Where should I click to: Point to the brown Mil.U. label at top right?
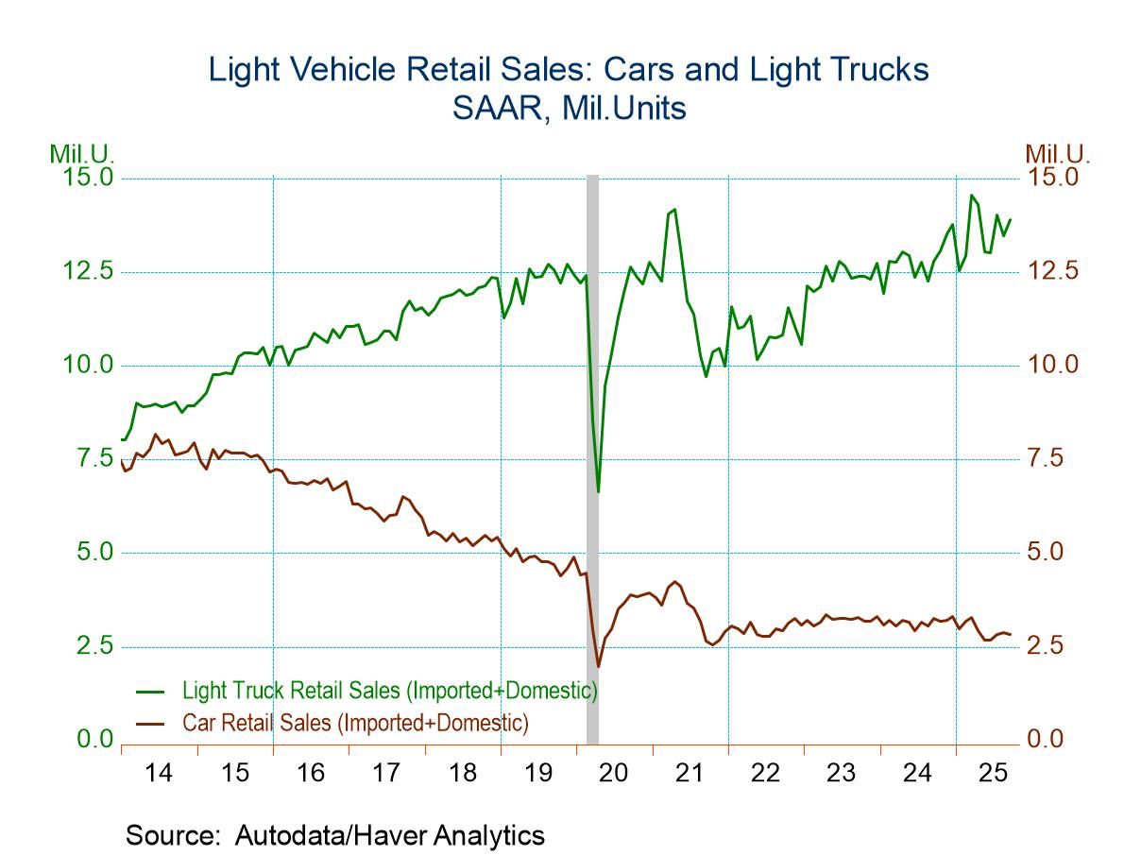pos(1057,153)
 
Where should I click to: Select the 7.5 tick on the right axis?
pos(1051,459)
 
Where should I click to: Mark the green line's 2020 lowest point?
pos(598,491)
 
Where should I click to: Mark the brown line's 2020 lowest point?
pos(598,667)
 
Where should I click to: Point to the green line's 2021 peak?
pos(674,210)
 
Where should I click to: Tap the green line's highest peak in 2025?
pos(971,196)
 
